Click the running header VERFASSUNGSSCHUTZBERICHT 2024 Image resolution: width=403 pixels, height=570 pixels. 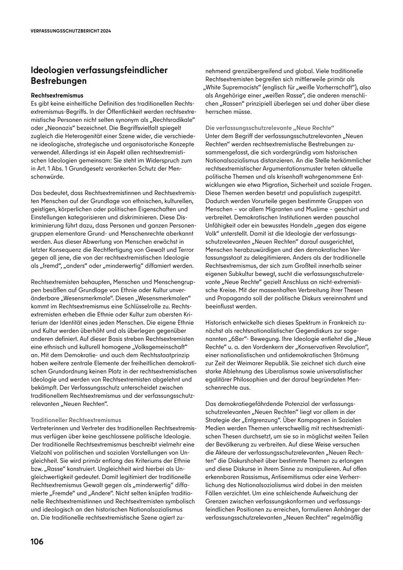71,31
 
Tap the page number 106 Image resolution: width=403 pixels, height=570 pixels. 37,541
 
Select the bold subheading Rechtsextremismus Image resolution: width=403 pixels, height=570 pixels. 57,95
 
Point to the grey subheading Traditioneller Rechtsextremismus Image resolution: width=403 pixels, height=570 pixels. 76,420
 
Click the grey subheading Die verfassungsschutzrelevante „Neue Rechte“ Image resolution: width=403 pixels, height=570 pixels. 270,127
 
